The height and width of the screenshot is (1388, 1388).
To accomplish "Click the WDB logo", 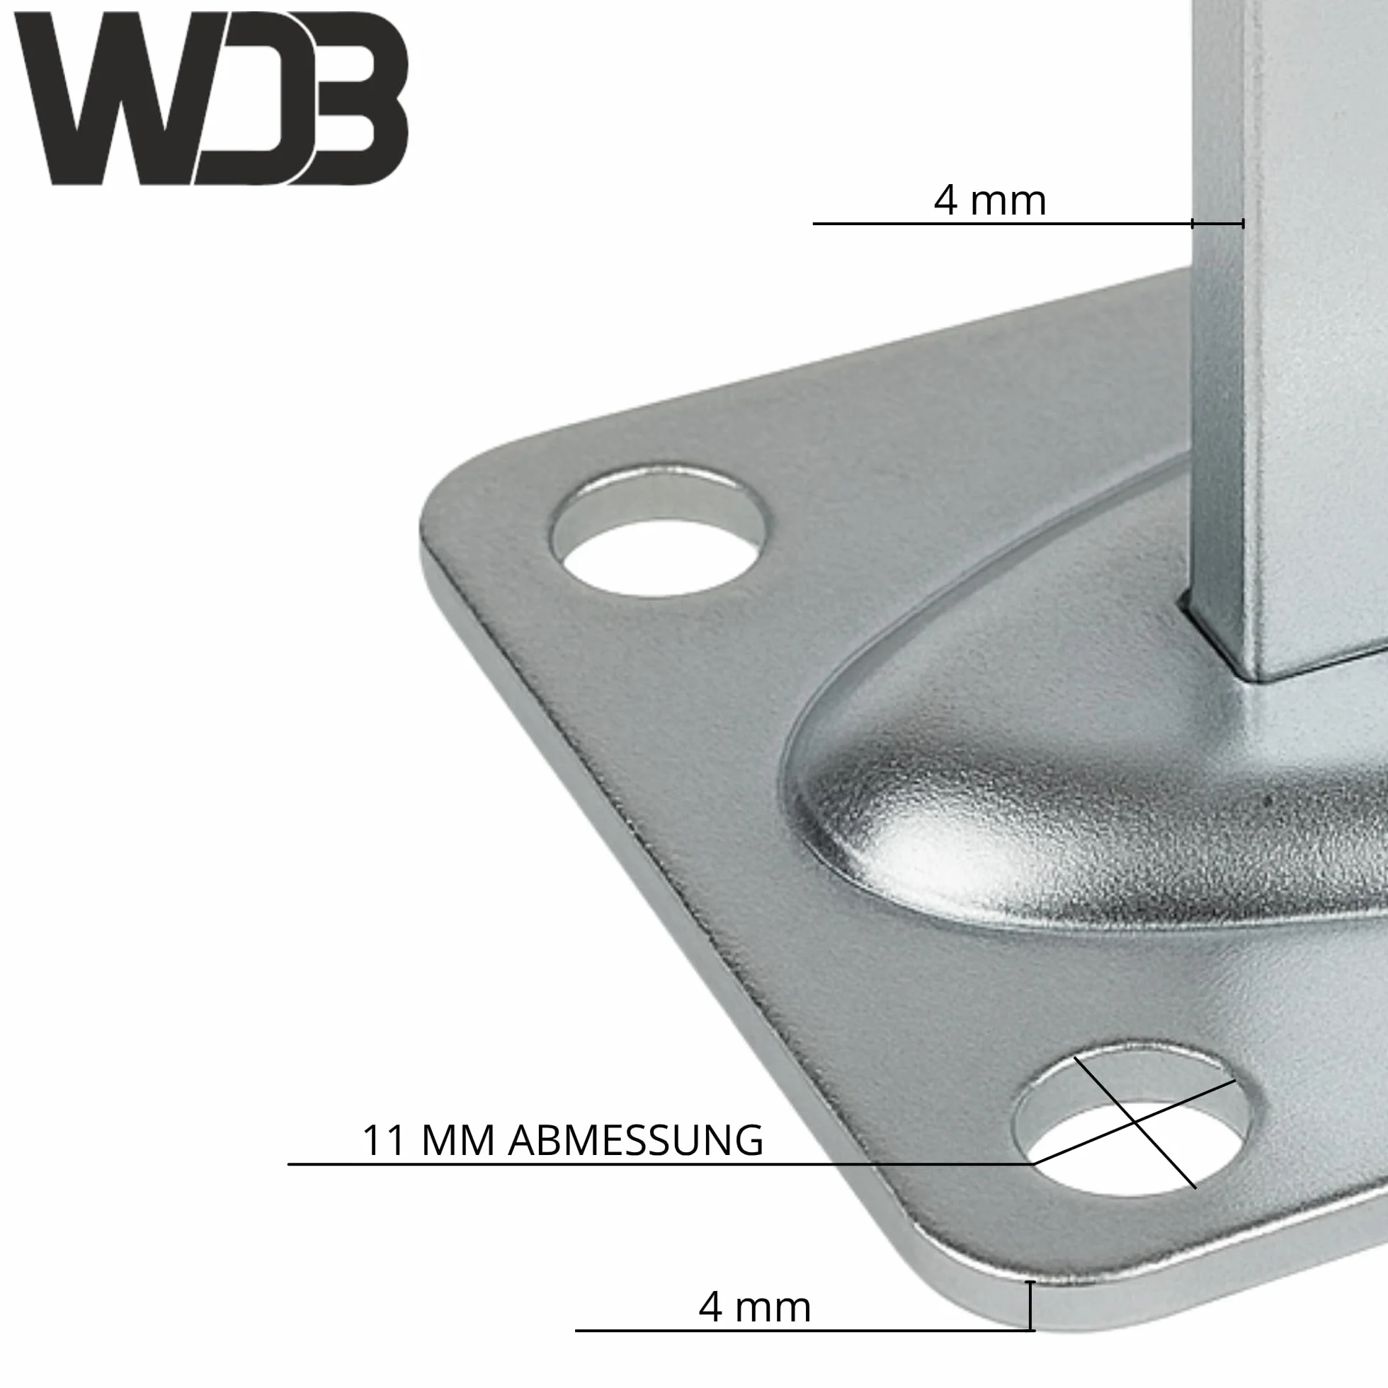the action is coord(211,98).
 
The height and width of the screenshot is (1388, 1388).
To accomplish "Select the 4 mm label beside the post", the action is coord(989,200).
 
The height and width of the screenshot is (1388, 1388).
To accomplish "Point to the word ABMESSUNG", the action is coord(636,1140).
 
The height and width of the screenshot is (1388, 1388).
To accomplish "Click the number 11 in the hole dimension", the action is coord(386,1140).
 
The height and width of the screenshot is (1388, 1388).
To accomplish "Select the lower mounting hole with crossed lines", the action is coord(1132,1124).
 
